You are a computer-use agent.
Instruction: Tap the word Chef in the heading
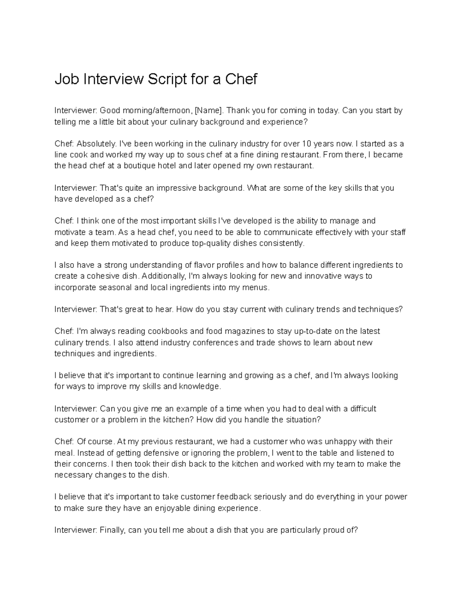241,79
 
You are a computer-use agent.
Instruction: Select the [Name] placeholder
209,111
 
